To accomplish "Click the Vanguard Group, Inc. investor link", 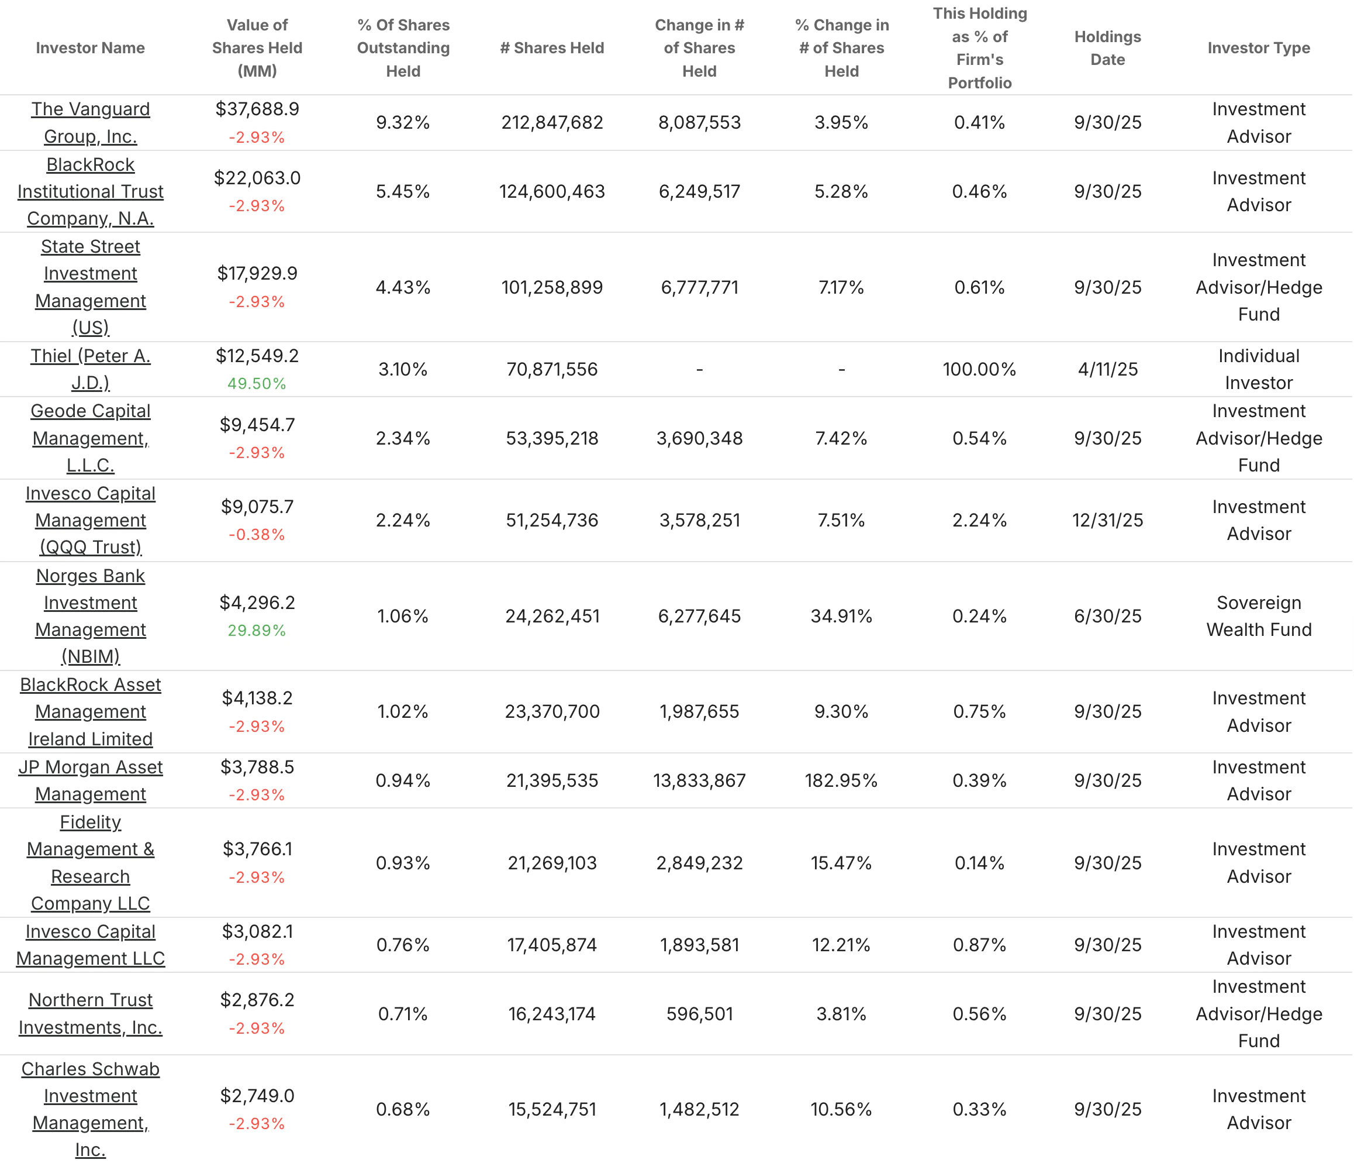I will pos(90,122).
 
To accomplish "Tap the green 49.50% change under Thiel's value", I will pos(257,384).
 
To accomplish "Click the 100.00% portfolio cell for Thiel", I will pos(979,369).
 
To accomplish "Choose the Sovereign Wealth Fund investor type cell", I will pos(1258,616).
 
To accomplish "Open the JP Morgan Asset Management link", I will pos(90,780).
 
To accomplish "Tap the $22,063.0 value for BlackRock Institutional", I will pos(257,178).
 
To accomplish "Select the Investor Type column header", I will pos(1258,48).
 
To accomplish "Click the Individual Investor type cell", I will pos(1258,369).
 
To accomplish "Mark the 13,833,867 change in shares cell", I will pos(699,780).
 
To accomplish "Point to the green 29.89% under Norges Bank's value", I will pos(257,630).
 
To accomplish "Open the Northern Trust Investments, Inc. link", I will pos(90,1013).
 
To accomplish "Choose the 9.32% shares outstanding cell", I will pos(403,122).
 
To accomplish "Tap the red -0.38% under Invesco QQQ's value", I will pos(257,535).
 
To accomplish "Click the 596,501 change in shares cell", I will pos(699,1014).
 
